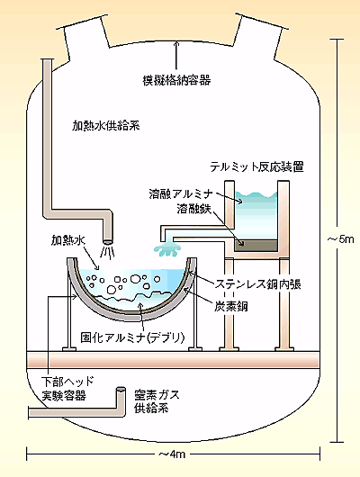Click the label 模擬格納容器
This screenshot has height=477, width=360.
[176, 80]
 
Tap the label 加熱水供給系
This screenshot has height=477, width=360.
[105, 126]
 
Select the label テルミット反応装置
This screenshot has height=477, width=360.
[256, 166]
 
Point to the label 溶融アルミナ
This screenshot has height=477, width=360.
[181, 193]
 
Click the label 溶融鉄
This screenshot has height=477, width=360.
[193, 209]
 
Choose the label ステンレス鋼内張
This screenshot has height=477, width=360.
[258, 283]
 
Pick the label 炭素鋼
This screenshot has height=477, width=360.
[231, 307]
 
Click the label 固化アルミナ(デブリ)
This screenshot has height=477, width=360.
[132, 337]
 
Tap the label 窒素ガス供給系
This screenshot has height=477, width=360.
[157, 401]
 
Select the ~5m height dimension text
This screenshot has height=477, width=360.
[341, 239]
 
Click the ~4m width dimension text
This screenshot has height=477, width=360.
[172, 454]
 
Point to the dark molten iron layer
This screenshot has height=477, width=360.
[256, 246]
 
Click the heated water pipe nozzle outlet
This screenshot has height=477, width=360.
[108, 242]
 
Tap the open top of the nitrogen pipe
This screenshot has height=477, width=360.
[121, 389]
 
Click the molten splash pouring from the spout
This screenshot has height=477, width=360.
[167, 249]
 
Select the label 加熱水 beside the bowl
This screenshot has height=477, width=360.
[68, 240]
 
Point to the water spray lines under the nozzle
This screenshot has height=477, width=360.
[108, 253]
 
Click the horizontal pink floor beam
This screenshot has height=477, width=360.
[173, 360]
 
